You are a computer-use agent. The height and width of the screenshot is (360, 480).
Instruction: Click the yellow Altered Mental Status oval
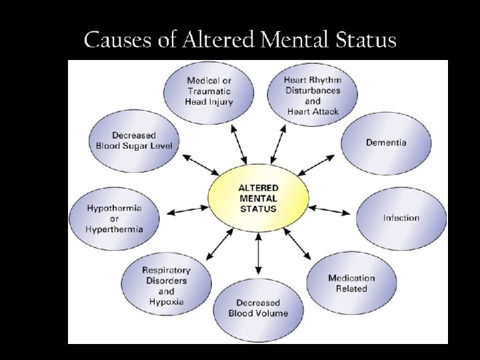pyautogui.click(x=258, y=198)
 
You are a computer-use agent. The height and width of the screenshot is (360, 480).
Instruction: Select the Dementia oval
pyautogui.click(x=386, y=143)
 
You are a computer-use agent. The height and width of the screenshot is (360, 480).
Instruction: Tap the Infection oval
pyautogui.click(x=401, y=218)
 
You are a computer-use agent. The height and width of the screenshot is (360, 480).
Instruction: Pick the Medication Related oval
pyautogui.click(x=351, y=283)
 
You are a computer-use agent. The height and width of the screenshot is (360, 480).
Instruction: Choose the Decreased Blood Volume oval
pyautogui.click(x=258, y=308)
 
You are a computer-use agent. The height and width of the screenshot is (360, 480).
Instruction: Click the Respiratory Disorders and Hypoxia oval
pyautogui.click(x=166, y=286)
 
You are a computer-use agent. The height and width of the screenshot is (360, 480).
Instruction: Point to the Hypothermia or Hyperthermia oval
pyautogui.click(x=114, y=219)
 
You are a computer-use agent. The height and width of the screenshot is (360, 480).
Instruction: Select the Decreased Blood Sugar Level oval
pyautogui.click(x=133, y=141)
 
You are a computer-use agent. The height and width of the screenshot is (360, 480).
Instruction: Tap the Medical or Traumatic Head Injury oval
pyautogui.click(x=209, y=91)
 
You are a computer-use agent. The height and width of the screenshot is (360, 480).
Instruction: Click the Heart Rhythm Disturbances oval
pyautogui.click(x=312, y=96)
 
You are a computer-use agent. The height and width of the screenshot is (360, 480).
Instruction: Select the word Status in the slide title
pyautogui.click(x=365, y=41)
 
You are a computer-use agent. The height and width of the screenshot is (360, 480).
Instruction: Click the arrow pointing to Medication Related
pyautogui.click(x=298, y=245)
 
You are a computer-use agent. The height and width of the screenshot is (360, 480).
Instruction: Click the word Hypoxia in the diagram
pyautogui.click(x=166, y=302)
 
